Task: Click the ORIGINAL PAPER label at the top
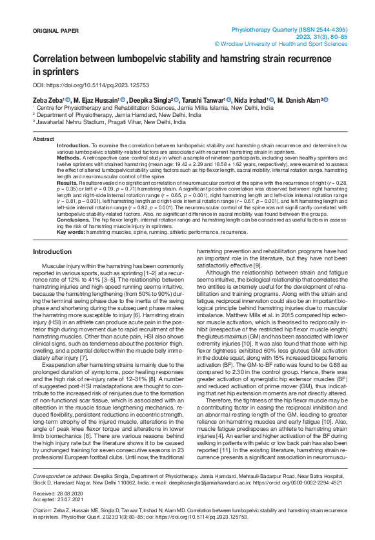[x=56, y=30]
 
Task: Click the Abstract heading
[x=43, y=139]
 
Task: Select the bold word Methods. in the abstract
[x=68, y=158]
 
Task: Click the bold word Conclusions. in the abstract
[x=73, y=219]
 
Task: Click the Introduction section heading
[x=52, y=251]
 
